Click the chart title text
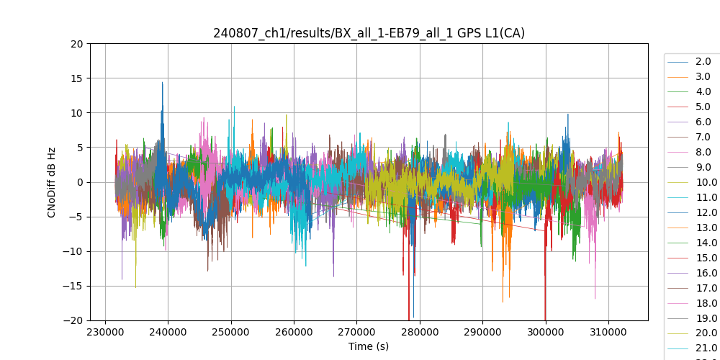point(369,33)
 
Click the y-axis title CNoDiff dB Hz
point(52,181)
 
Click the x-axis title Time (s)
point(369,346)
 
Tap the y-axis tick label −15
point(75,286)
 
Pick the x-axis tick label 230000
point(106,333)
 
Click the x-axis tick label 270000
point(357,333)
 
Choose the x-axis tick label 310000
point(608,333)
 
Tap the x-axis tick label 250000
point(231,333)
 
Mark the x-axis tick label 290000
point(482,333)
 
